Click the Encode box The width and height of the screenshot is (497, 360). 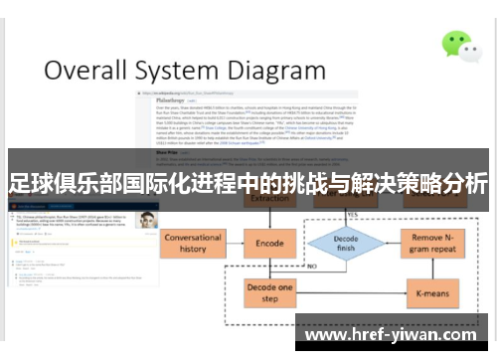coord(270,242)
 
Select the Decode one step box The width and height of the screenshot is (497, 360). coord(270,292)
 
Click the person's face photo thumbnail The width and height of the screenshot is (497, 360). coord(148,220)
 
